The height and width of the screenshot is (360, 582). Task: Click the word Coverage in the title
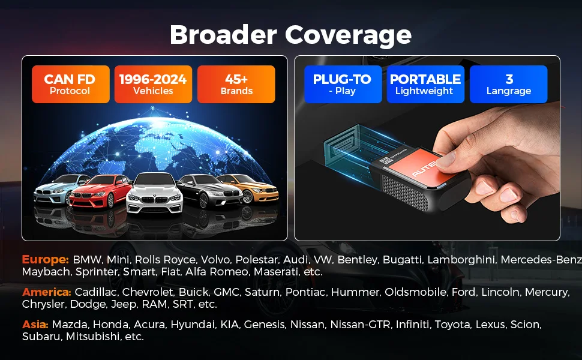(348, 35)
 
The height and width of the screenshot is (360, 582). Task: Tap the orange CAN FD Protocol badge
(71, 84)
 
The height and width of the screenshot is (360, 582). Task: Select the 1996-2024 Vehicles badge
(153, 84)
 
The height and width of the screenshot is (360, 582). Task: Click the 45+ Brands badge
(236, 84)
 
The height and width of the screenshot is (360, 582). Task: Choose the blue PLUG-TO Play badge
(343, 84)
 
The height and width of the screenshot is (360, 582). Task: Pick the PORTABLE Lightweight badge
(425, 84)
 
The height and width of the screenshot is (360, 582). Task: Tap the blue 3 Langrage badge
(509, 84)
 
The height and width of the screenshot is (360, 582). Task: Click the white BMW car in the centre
(154, 193)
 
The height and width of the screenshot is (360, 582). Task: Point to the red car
(100, 191)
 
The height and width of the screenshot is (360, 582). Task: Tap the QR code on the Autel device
(385, 161)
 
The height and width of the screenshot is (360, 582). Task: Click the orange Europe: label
(45, 259)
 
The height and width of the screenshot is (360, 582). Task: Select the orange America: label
(46, 292)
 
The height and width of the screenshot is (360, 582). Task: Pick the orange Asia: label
(35, 325)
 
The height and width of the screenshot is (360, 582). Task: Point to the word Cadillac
(96, 292)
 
